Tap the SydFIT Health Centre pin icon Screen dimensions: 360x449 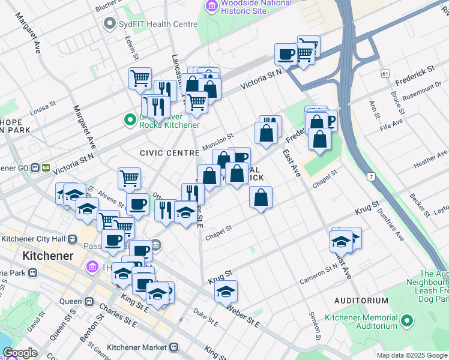pos(109,24)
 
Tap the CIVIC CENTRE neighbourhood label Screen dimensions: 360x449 pos(169,153)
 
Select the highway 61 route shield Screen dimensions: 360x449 pos(385,73)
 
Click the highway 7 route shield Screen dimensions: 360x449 pos(372,176)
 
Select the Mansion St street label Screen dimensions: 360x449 pos(217,142)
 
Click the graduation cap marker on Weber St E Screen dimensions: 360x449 pos(226,292)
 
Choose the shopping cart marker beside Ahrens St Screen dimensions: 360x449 pos(129,178)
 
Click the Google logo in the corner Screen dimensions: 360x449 pos(20,353)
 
